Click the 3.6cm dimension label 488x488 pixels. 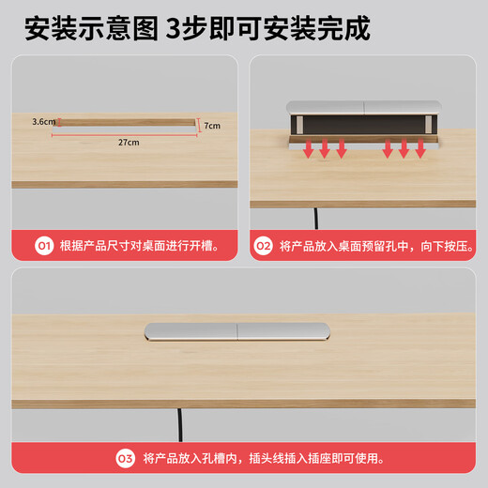click(41, 121)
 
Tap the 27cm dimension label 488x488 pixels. click(129, 143)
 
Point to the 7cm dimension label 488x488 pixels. click(212, 126)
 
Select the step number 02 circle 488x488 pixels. click(264, 246)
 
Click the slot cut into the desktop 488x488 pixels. click(126, 121)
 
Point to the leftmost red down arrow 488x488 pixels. click(308, 149)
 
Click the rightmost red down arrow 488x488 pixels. click(420, 149)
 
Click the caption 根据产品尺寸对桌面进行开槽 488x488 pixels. click(139, 246)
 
